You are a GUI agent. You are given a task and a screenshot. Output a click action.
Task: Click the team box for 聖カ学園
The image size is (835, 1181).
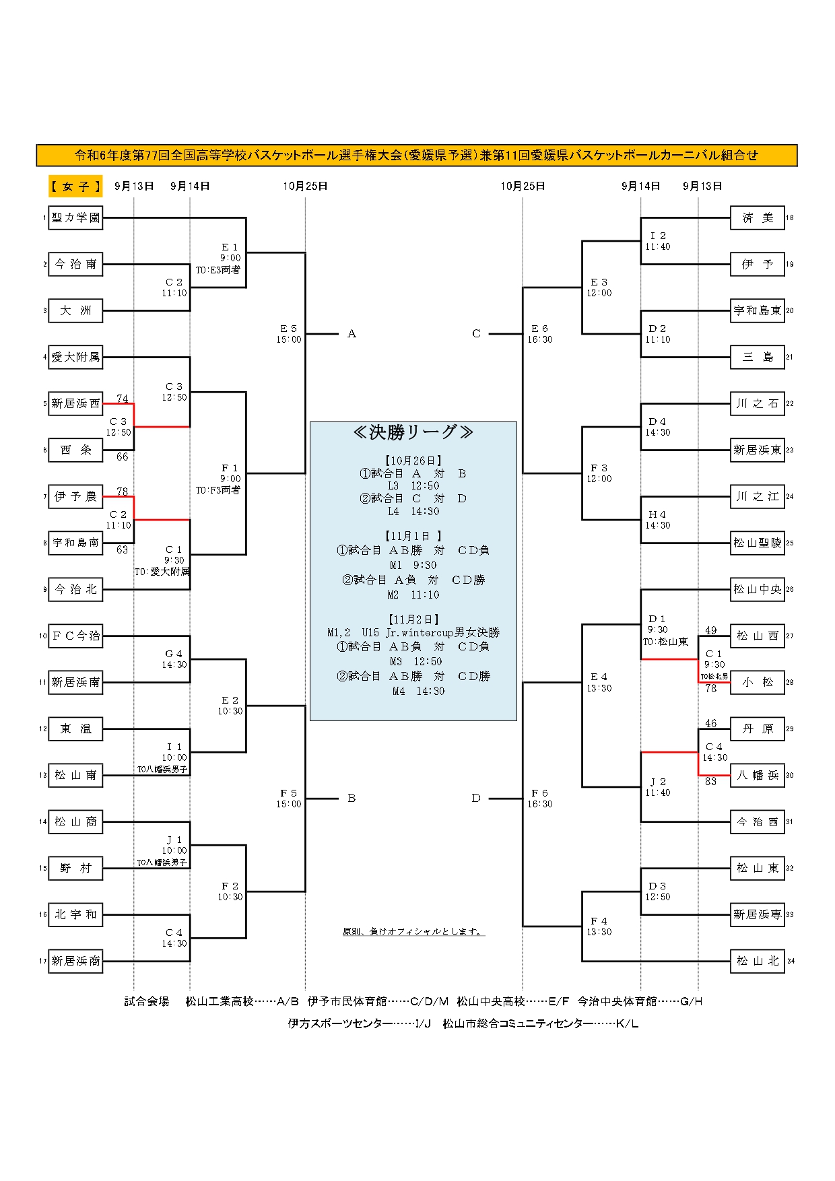(x=75, y=217)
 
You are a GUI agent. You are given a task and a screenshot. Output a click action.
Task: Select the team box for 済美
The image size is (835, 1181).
(x=758, y=217)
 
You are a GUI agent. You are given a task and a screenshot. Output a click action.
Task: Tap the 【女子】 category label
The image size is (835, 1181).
(x=75, y=187)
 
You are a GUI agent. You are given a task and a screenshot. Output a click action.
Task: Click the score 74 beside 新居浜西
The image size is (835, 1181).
(x=123, y=399)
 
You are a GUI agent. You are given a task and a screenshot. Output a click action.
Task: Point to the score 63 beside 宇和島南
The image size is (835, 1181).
(x=123, y=549)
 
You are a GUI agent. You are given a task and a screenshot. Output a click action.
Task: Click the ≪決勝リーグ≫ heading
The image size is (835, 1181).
(x=413, y=432)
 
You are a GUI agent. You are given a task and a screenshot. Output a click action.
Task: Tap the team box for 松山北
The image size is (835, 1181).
(x=758, y=961)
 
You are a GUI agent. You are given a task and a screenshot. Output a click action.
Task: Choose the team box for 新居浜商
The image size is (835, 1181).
(x=75, y=961)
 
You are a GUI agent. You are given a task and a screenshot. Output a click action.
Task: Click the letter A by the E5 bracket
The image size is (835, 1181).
(x=352, y=334)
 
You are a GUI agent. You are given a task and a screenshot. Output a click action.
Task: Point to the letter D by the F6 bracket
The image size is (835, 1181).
(x=476, y=799)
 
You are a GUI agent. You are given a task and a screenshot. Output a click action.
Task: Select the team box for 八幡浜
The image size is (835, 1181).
(x=758, y=775)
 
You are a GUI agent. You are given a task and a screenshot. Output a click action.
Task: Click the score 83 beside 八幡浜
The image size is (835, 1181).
(x=711, y=782)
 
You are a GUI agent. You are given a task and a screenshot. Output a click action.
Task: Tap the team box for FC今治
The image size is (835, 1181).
(x=75, y=636)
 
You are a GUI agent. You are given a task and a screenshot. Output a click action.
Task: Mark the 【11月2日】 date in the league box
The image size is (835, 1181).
(x=413, y=619)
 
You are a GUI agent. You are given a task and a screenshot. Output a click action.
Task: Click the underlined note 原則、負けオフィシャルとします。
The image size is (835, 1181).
(x=413, y=932)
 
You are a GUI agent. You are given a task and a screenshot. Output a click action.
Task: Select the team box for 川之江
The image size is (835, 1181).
(x=758, y=496)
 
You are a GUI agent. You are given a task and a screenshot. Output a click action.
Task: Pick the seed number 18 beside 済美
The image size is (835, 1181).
(x=790, y=218)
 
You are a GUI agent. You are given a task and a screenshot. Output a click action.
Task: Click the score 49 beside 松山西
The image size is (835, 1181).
(x=711, y=630)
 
